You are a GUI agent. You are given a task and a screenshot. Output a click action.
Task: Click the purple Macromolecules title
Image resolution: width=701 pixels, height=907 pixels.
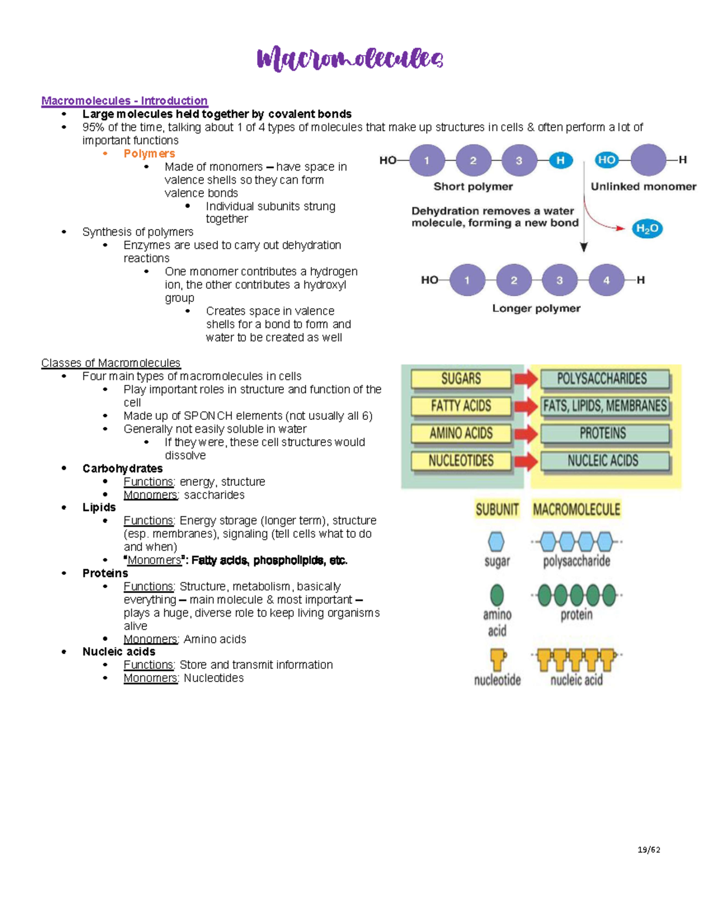click(x=349, y=59)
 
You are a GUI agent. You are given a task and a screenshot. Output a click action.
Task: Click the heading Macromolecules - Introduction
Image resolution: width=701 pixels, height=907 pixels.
click(x=124, y=101)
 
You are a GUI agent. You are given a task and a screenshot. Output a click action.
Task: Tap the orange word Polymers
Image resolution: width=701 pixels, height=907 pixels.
click(x=149, y=154)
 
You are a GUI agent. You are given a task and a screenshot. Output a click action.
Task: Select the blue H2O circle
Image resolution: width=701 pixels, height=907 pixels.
click(x=647, y=229)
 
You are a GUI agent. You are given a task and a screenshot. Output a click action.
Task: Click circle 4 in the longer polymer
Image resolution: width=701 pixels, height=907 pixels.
click(x=606, y=280)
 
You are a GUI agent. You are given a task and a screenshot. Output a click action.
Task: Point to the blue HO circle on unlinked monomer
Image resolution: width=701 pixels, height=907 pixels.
click(x=606, y=160)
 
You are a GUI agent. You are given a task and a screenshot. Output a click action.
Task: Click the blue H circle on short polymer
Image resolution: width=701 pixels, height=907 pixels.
click(x=560, y=161)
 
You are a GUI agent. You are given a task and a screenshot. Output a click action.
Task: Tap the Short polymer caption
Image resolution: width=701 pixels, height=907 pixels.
click(x=473, y=186)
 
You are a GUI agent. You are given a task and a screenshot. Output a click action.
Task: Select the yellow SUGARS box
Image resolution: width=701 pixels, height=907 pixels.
click(x=460, y=379)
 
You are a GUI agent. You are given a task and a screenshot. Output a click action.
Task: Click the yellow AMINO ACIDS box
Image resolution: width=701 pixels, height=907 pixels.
click(x=460, y=433)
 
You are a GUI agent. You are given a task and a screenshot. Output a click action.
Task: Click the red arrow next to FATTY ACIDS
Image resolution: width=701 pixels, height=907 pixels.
click(x=526, y=406)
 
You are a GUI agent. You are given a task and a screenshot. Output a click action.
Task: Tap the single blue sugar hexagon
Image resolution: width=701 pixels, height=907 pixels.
click(x=496, y=542)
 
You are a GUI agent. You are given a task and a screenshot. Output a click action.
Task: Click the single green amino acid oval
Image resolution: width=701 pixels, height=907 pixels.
click(x=497, y=595)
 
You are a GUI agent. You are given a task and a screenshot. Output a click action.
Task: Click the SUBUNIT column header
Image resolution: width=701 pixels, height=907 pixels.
click(x=497, y=510)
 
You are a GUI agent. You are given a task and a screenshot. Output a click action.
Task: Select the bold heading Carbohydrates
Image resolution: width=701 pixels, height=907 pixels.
click(x=122, y=468)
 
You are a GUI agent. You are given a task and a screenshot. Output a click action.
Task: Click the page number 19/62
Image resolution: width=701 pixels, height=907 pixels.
click(x=648, y=850)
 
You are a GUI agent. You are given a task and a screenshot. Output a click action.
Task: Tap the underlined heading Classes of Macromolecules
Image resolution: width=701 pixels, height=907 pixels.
click(x=110, y=363)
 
